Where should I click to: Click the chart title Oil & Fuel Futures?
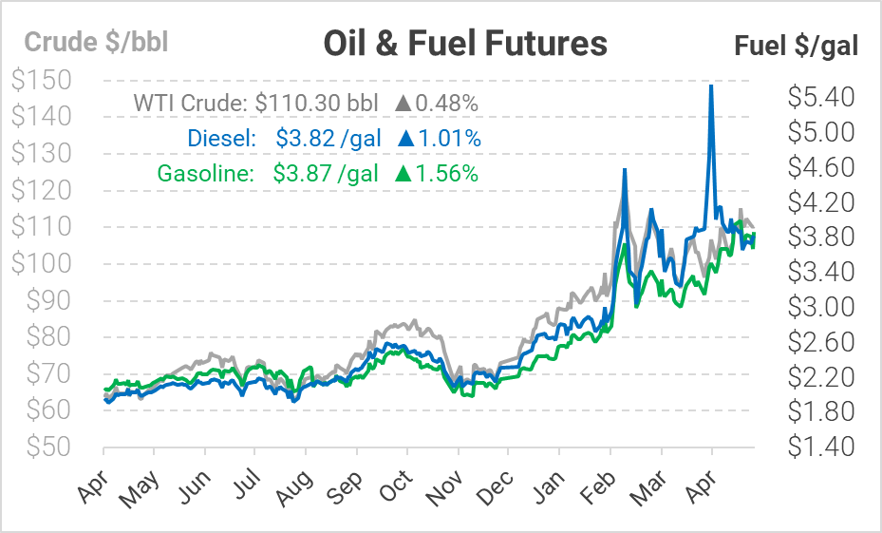click(464, 43)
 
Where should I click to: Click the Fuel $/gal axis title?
click(797, 46)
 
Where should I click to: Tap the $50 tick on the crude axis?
click(53, 447)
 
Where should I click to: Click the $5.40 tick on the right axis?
click(821, 96)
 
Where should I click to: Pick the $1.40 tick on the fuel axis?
click(821, 447)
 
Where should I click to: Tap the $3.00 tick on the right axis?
click(821, 306)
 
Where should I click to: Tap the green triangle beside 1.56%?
click(403, 173)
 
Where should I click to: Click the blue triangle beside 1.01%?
click(406, 138)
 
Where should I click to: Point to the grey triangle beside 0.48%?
click(403, 103)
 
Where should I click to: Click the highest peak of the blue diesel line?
click(711, 86)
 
